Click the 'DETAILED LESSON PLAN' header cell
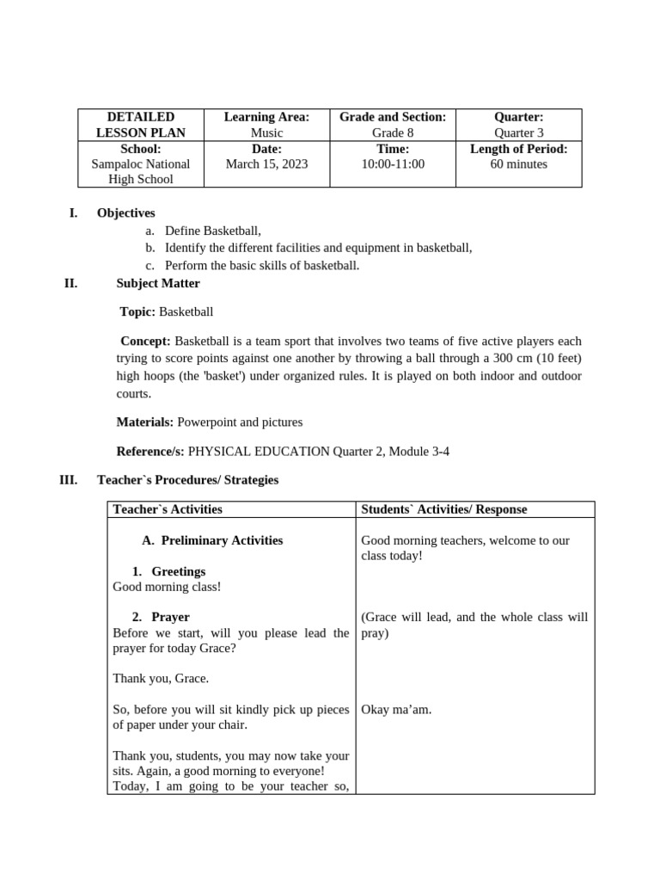(x=141, y=125)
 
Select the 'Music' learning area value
(x=266, y=133)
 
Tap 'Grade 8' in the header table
(x=393, y=133)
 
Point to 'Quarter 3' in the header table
(x=518, y=133)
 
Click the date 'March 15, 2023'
(x=266, y=164)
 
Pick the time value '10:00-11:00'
(x=393, y=164)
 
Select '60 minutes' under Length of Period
(x=518, y=164)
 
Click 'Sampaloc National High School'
(x=141, y=171)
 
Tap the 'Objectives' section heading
(x=125, y=213)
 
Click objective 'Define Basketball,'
(x=212, y=231)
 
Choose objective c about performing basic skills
(x=262, y=265)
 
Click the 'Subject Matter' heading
(x=158, y=283)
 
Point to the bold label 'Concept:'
(x=145, y=342)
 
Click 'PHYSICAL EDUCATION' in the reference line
(x=259, y=451)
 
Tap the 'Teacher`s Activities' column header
(x=168, y=509)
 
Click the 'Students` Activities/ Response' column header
(x=444, y=509)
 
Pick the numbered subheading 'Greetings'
(x=178, y=571)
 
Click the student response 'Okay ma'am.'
(x=396, y=710)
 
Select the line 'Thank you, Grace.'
(x=161, y=679)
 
